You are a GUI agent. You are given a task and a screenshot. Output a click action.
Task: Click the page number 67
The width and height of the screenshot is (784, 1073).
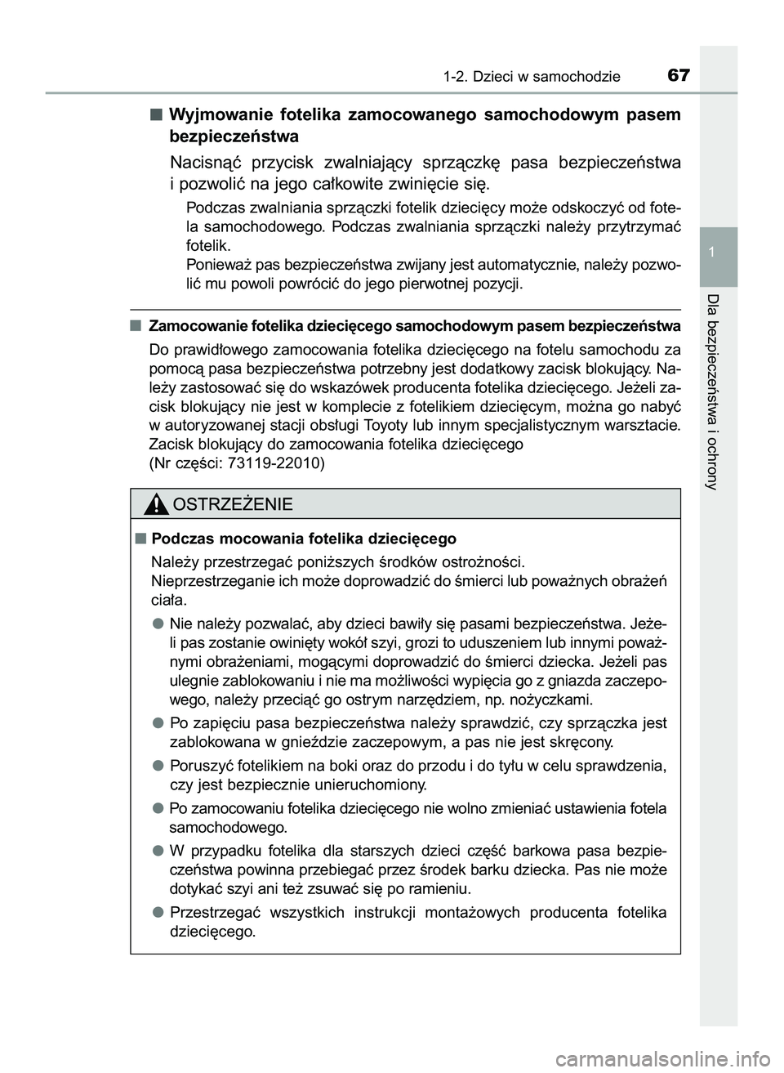679,75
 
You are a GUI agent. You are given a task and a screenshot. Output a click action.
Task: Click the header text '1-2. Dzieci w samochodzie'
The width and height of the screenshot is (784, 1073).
532,77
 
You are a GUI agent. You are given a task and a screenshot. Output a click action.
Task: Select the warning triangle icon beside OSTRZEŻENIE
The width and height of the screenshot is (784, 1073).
156,504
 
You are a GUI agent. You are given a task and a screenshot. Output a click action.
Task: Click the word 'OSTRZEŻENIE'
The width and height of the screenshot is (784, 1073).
233,504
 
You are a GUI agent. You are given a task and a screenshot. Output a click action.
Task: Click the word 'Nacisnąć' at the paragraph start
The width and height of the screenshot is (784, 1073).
207,162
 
